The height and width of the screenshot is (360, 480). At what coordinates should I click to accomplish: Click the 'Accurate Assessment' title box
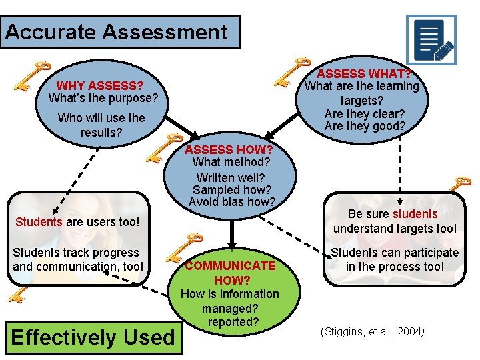(120, 32)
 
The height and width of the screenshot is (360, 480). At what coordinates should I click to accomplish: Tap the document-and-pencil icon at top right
(431, 40)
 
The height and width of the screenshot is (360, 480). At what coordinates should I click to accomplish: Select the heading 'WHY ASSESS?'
(100, 85)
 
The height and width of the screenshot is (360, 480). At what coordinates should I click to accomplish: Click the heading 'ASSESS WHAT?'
(363, 73)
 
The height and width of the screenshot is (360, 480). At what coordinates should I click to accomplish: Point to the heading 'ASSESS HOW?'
(229, 149)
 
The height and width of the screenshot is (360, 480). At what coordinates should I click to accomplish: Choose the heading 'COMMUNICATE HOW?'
(230, 273)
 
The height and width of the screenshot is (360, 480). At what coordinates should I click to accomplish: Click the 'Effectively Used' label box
(93, 337)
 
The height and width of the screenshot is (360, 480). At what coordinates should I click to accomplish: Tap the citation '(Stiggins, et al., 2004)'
(373, 331)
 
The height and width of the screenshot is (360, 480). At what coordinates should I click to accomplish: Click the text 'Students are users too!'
(77, 221)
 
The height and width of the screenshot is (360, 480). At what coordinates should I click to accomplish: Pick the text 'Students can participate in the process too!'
(395, 259)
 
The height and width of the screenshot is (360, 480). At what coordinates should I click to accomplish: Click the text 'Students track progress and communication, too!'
(77, 259)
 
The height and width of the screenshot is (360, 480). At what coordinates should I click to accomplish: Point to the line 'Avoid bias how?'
(231, 201)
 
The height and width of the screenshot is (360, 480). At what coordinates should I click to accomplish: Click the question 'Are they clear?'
(364, 113)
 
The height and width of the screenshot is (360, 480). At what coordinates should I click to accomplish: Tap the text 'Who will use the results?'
(101, 125)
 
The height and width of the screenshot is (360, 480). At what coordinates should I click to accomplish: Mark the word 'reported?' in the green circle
(230, 321)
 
